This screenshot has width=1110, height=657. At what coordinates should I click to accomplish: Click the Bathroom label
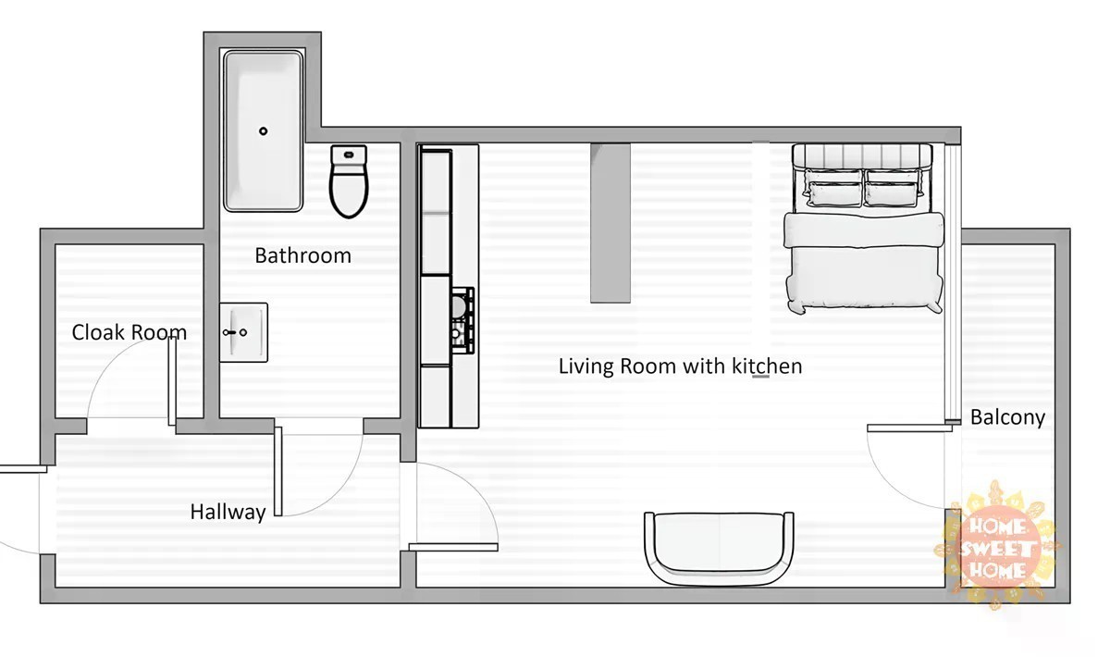(302, 255)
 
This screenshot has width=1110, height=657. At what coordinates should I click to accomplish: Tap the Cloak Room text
(129, 332)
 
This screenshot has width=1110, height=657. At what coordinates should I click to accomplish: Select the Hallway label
(228, 513)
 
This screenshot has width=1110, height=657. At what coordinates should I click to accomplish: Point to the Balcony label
(1007, 417)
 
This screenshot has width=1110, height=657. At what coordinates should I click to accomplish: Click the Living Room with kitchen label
(681, 366)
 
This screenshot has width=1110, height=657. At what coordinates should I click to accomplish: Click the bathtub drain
(263, 130)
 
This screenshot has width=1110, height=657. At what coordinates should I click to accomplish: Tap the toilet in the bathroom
(349, 181)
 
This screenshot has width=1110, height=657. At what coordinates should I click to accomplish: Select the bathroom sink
(243, 332)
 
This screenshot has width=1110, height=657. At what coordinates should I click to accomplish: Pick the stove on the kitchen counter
(462, 320)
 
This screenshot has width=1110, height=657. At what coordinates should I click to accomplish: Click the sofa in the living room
(719, 549)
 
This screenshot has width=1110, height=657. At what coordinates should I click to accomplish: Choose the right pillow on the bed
(894, 189)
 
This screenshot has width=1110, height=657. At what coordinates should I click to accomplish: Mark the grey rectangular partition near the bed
(610, 223)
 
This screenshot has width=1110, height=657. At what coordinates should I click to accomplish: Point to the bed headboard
(862, 155)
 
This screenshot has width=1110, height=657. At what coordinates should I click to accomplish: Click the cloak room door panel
(172, 381)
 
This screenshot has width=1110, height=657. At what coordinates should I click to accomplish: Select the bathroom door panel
(278, 472)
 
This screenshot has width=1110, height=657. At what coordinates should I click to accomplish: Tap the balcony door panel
(909, 428)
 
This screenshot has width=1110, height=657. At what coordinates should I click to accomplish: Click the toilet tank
(349, 155)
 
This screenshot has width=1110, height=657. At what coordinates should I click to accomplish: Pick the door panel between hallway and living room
(453, 547)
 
